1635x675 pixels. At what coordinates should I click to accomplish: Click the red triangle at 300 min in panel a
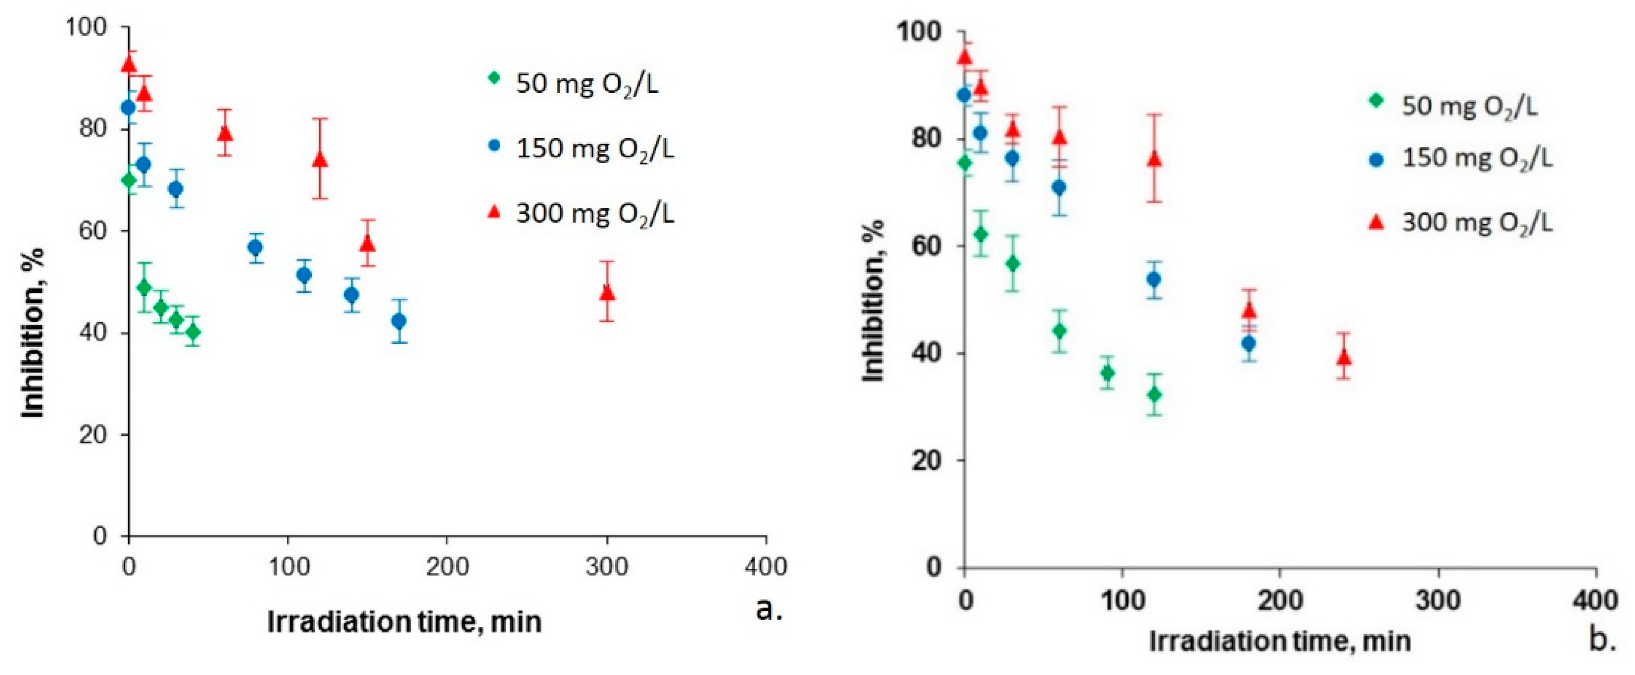click(607, 293)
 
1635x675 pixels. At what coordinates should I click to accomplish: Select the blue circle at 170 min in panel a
click(399, 321)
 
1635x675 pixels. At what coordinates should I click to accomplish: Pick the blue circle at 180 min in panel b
click(1249, 343)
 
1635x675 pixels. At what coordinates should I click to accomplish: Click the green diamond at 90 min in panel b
click(1108, 373)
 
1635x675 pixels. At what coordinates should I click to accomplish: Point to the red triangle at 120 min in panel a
click(321, 159)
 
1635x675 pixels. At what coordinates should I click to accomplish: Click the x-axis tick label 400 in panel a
click(766, 566)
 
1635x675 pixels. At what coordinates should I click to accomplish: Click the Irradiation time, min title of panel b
click(1280, 641)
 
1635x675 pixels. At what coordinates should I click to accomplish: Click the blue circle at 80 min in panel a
click(256, 247)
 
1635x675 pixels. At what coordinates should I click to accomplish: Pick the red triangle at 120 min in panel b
click(1154, 159)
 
